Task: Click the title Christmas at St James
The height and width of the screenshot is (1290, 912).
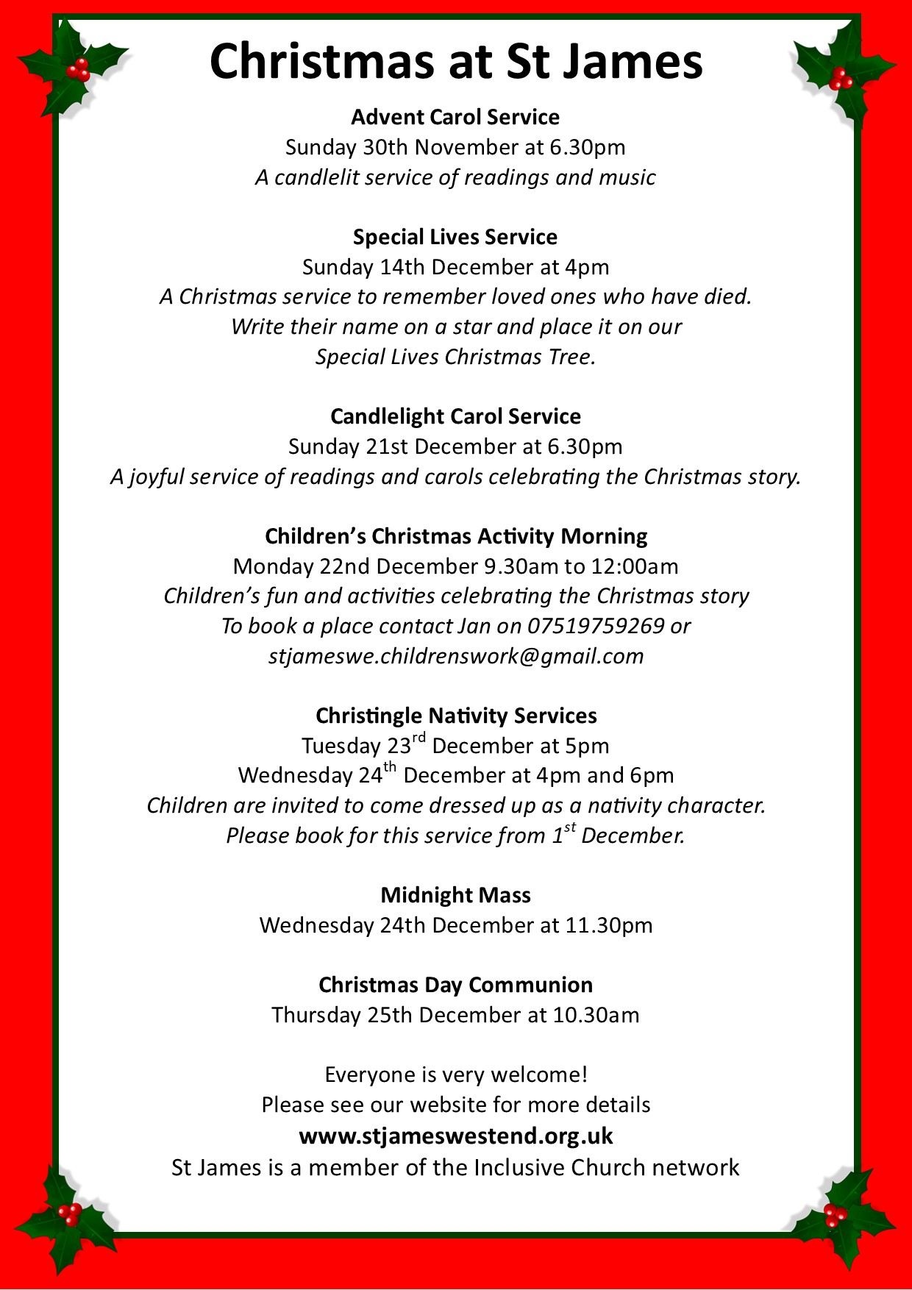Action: click(456, 62)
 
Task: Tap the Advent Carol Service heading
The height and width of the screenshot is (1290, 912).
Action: click(455, 117)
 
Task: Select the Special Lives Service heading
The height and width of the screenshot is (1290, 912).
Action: click(455, 237)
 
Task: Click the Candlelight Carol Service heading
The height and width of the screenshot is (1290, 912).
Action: click(455, 416)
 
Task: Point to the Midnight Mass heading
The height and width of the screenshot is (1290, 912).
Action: click(455, 895)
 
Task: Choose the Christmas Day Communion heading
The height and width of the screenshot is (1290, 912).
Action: click(455, 985)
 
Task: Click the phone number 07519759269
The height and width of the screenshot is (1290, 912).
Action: click(596, 626)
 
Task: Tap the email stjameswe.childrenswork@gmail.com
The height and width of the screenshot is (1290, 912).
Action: click(456, 656)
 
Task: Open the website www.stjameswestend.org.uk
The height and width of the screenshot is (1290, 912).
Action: click(455, 1136)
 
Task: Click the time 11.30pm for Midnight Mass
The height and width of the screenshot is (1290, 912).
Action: click(608, 925)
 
